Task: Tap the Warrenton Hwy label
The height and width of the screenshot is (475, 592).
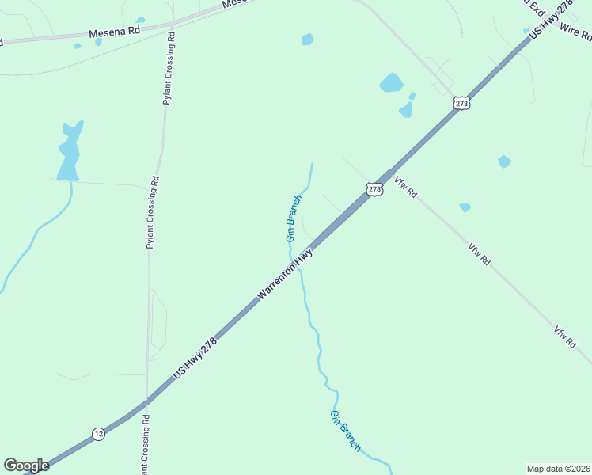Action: click(x=285, y=273)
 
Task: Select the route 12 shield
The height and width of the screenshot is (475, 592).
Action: click(x=98, y=433)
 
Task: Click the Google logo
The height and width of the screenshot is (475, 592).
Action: click(x=26, y=465)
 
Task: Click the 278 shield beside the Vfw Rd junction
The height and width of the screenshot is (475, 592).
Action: click(x=375, y=189)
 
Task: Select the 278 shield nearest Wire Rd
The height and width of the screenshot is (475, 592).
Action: click(x=462, y=104)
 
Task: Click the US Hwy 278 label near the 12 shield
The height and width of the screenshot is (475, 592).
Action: click(x=195, y=359)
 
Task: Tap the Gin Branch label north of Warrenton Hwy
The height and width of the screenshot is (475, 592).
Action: click(x=293, y=218)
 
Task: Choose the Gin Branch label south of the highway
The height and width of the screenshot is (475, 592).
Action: click(x=345, y=431)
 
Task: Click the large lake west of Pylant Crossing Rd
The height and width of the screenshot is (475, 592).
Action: click(x=69, y=154)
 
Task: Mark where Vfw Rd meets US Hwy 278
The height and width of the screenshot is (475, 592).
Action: click(x=389, y=173)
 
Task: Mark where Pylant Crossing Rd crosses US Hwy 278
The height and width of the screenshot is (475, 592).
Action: click(x=146, y=401)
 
